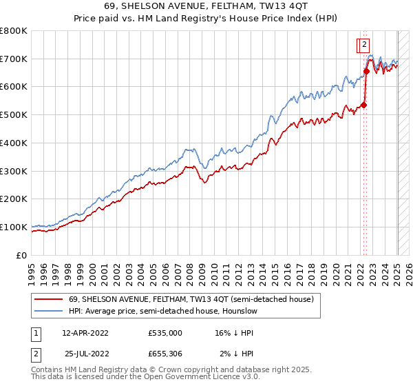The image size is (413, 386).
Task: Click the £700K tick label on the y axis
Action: pos(14,59)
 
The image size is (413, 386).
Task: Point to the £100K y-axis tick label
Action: pos(14,227)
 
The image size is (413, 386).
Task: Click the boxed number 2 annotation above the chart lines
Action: pos(362,46)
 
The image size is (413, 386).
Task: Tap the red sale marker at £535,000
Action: pos(364,105)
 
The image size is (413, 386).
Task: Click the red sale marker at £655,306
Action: pos(367,71)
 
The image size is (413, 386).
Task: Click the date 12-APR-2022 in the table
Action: pos(85,332)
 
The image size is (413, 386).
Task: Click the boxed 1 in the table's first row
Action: pos(35,332)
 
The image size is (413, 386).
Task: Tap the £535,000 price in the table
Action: pos(165,332)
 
